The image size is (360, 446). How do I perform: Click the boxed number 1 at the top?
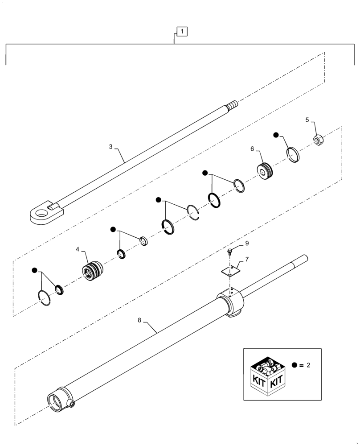pos(182,31)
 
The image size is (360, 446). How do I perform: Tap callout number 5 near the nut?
pos(307,120)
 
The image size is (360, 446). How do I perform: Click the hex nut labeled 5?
pos(319,141)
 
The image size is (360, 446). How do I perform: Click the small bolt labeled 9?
pos(229,252)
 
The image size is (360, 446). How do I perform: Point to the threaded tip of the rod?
pos(232,106)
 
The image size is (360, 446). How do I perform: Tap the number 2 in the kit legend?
pos(308,365)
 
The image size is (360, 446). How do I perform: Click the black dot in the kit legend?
pos(295,365)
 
